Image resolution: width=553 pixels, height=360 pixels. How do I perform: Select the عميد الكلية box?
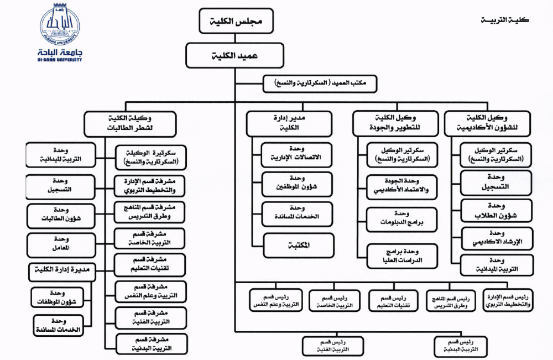pyautogui.click(x=234, y=55)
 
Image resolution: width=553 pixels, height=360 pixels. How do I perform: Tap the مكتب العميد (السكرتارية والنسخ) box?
pyautogui.click(x=321, y=84)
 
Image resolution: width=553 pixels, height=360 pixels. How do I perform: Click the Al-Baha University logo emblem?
pyautogui.click(x=59, y=24)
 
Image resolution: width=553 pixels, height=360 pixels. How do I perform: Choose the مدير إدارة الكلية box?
pyautogui.click(x=289, y=123)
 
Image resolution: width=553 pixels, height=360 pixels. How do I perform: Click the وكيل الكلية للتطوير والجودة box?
pyautogui.click(x=395, y=123)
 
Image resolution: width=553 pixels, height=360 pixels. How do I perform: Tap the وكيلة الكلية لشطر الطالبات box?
pyautogui.click(x=130, y=123)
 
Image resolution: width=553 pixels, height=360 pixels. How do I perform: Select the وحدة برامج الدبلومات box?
pyautogui.click(x=402, y=220)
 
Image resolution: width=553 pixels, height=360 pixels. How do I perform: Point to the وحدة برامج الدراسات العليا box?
pyautogui.click(x=402, y=255)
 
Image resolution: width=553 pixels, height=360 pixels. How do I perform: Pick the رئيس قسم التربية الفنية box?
pyautogui.click(x=333, y=346)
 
